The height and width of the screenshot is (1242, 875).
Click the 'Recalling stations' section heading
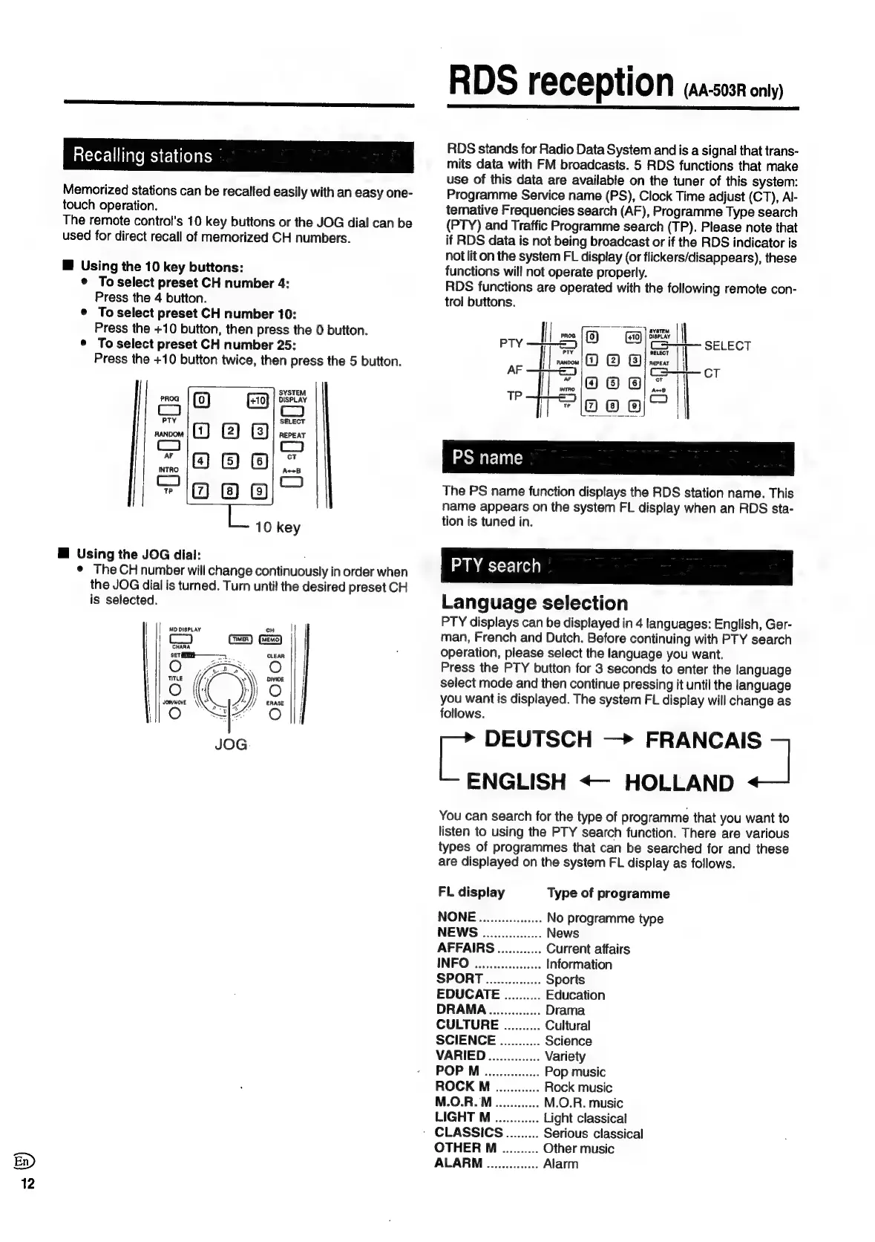pyautogui.click(x=142, y=156)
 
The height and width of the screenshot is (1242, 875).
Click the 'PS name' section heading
pyautogui.click(x=487, y=458)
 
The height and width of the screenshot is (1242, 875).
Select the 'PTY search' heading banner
pyautogui.click(x=496, y=566)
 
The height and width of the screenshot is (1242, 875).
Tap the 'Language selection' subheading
pyautogui.click(x=534, y=602)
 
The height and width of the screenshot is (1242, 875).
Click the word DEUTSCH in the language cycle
pyautogui.click(x=538, y=739)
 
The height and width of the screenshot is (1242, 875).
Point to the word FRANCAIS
pyautogui.click(x=703, y=740)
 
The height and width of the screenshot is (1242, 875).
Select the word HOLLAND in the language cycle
pyautogui.click(x=679, y=782)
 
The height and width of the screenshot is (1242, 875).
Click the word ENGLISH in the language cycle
pyautogui.click(x=516, y=781)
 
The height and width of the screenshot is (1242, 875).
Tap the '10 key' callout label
pyautogui.click(x=278, y=527)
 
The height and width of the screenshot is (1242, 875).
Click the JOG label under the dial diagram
pyautogui.click(x=230, y=744)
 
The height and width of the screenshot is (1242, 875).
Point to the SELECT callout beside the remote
pyautogui.click(x=727, y=345)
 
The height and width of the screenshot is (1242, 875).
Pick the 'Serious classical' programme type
pyautogui.click(x=593, y=1134)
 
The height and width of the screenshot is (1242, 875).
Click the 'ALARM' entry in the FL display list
pyautogui.click(x=459, y=1163)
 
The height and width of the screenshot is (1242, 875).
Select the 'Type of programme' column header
pyautogui.click(x=608, y=893)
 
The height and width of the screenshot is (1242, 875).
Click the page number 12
pyautogui.click(x=27, y=1184)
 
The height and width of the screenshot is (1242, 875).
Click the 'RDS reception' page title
pyautogui.click(x=561, y=83)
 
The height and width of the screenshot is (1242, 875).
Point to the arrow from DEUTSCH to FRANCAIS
pyautogui.click(x=618, y=740)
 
